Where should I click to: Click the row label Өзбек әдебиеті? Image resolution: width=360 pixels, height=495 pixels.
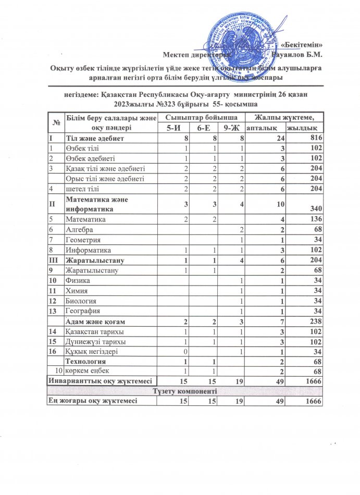point(89,158)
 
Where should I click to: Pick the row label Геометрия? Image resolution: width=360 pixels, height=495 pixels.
point(83,240)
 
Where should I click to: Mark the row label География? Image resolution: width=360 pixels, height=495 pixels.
point(82,311)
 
